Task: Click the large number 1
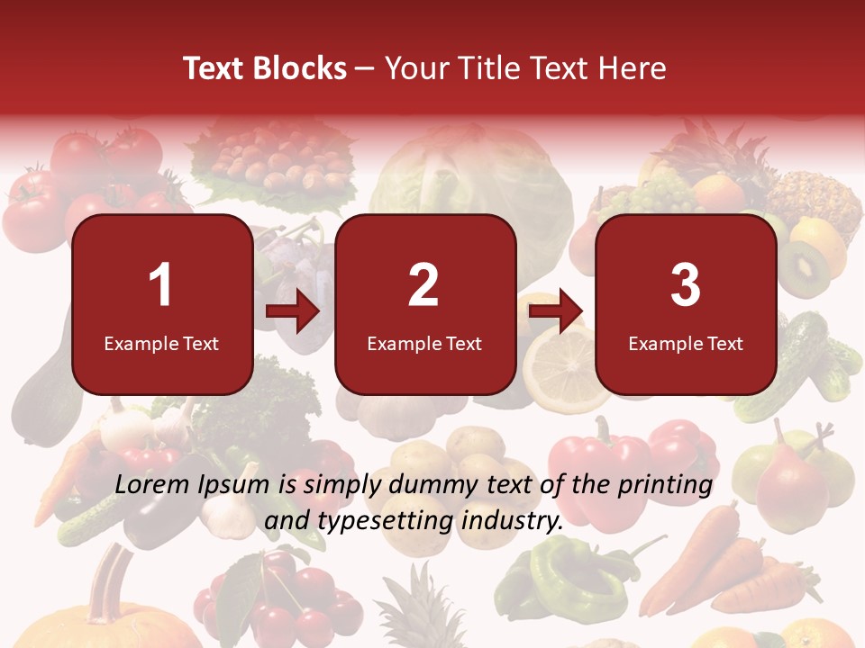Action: point(161,285)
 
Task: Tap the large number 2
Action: point(423,285)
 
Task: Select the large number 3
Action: point(686,285)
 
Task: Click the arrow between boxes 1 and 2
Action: point(294,312)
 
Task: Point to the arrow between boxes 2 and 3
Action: point(556,312)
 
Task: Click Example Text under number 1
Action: point(161,344)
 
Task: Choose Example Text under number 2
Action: point(424,344)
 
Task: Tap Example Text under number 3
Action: point(686,344)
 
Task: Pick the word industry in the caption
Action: point(514,520)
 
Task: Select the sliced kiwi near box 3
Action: point(805,270)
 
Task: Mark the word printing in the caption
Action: point(665,485)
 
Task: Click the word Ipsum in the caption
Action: point(235,485)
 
